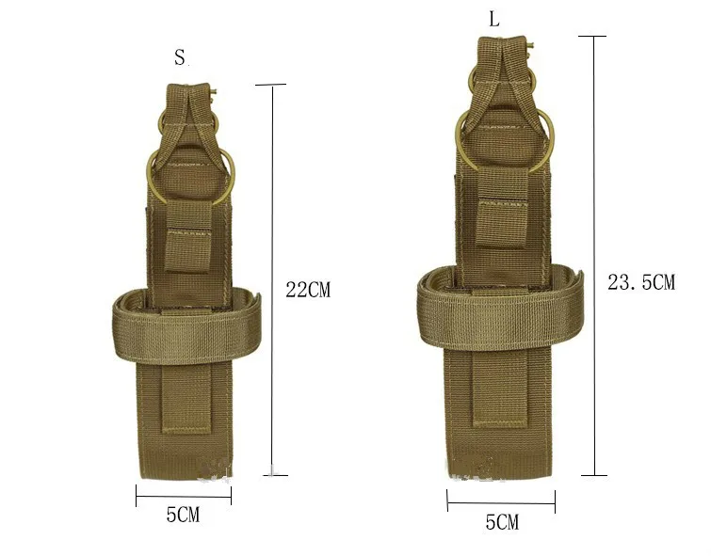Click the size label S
(180, 57)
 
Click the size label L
(494, 20)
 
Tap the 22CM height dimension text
(308, 290)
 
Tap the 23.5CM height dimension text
(641, 282)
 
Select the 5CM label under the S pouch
(183, 515)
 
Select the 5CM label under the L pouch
(502, 522)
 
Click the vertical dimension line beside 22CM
(272, 280)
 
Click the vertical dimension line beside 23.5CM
(594, 256)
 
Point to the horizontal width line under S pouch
(184, 496)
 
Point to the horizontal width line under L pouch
(501, 501)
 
